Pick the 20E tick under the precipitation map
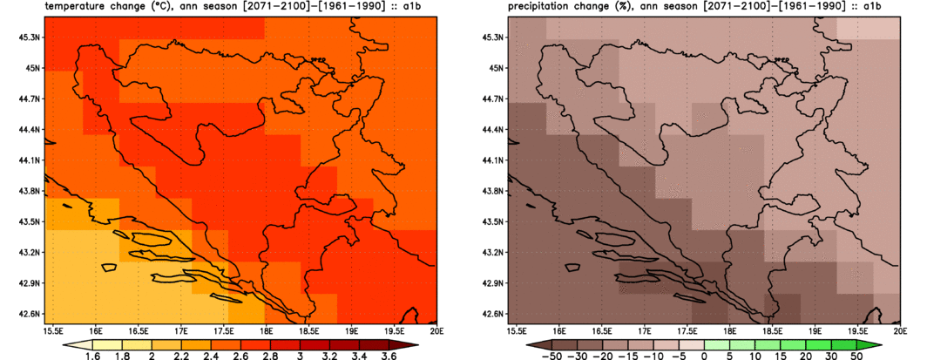[896, 331]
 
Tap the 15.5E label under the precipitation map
[517, 331]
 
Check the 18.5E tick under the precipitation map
[772, 331]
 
